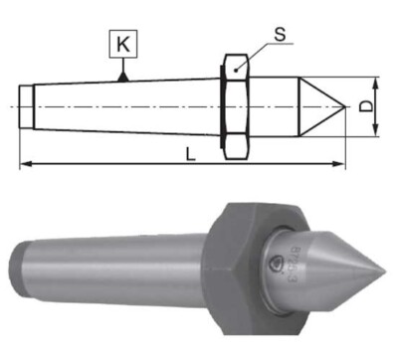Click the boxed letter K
pos(120,46)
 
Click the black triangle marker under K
pos(121,75)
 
